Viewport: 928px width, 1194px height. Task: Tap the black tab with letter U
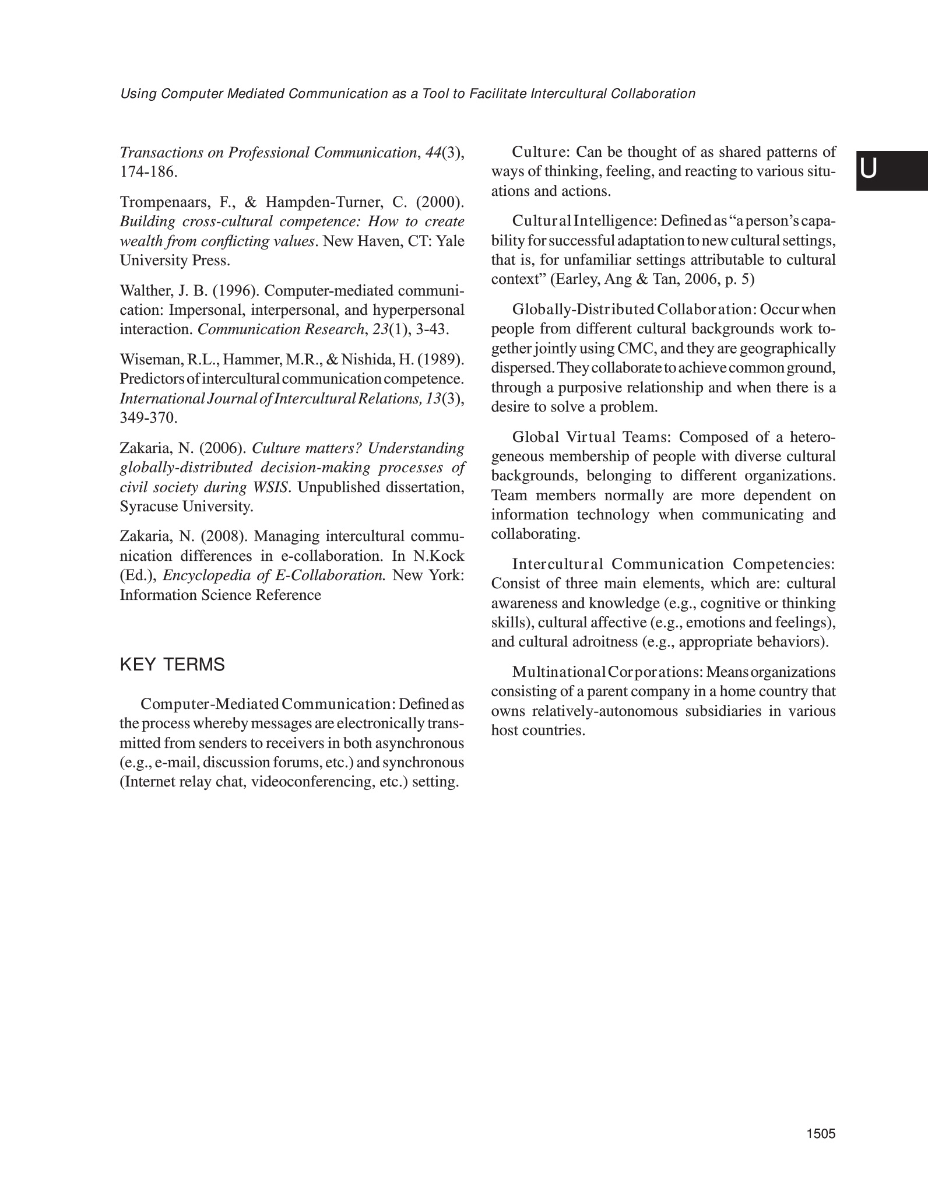(x=891, y=170)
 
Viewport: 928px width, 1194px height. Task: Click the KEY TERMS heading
(x=172, y=665)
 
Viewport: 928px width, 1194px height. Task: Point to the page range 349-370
(x=149, y=417)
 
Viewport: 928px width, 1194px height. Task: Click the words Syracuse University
(x=187, y=506)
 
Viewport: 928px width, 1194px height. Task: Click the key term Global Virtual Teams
(x=593, y=437)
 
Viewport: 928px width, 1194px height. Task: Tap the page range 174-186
(x=149, y=172)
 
